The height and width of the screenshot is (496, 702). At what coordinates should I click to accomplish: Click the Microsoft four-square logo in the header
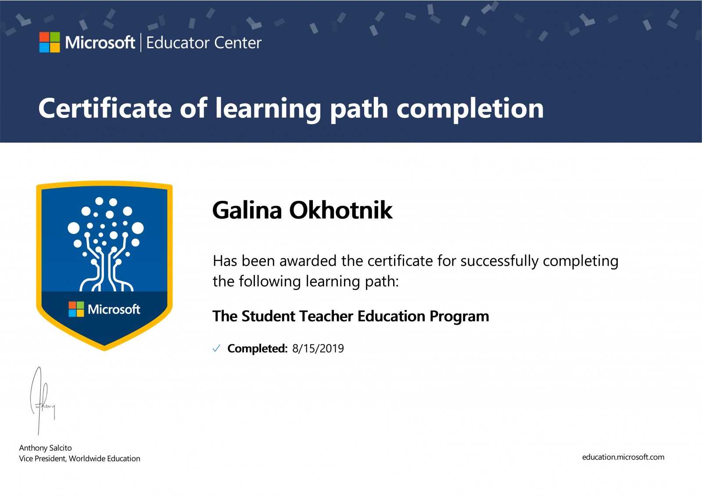[x=50, y=42]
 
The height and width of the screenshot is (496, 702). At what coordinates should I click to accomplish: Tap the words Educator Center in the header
[x=204, y=43]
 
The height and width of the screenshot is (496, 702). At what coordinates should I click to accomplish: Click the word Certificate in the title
[x=105, y=108]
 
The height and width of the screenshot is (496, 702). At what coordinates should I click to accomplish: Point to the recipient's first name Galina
[x=247, y=210]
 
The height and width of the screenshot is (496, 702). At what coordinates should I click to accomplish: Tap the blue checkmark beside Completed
[x=216, y=348]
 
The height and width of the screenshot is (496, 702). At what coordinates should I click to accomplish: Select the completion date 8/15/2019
[x=318, y=348]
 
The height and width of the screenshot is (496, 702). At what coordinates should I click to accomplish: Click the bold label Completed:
[x=257, y=348]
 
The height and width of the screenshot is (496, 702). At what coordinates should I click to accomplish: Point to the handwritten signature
[x=42, y=401]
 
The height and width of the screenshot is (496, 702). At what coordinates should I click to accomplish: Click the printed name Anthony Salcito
[x=46, y=448]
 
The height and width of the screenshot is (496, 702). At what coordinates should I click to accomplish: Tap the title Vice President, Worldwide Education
[x=79, y=458]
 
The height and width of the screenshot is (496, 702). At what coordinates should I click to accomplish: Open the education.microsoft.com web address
[x=623, y=457]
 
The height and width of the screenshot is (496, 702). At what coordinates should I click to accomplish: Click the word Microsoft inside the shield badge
[x=114, y=309]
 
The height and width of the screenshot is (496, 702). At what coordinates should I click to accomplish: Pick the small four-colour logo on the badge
[x=76, y=309]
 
